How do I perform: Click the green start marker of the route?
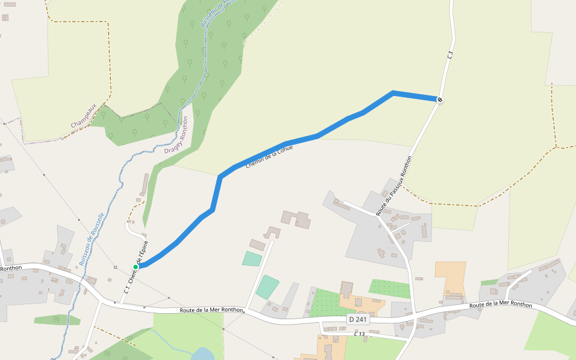click(136, 266)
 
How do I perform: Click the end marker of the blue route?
click(440, 100)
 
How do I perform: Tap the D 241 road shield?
click(358, 320)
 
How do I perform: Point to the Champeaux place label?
click(83, 115)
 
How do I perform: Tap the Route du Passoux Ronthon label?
click(394, 186)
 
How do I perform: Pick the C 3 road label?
click(450, 55)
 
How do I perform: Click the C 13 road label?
click(359, 334)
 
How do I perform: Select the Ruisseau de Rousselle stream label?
click(91, 239)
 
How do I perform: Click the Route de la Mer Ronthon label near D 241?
click(212, 310)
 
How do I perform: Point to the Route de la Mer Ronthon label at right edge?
click(500, 305)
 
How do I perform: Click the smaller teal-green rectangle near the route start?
click(252, 259)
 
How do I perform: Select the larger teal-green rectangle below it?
click(267, 287)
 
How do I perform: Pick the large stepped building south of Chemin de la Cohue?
click(296, 219)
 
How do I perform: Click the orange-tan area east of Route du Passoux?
click(451, 277)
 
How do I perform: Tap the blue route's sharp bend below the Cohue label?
click(221, 176)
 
